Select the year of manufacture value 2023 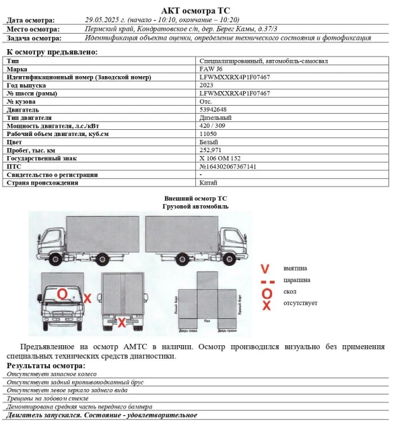207,85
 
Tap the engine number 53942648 215,110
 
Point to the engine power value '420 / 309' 215,126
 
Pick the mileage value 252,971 213,150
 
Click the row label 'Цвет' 15,142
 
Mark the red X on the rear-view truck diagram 122,323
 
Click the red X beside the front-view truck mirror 88,297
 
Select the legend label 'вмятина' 296,267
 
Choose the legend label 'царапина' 297,280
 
